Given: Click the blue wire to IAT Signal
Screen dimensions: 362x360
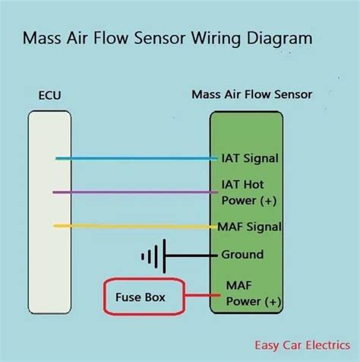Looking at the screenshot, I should [137, 159].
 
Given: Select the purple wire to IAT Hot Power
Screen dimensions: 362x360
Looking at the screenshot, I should [137, 192].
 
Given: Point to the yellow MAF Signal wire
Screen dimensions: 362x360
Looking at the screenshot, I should [137, 226].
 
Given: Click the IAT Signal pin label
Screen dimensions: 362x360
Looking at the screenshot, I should [249, 159].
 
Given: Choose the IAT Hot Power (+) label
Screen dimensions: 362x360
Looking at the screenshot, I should [246, 192].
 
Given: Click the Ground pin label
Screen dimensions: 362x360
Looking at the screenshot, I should [242, 255].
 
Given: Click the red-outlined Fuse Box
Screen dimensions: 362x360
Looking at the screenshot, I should [144, 297].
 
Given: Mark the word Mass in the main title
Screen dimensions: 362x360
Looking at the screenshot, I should [45, 38].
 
